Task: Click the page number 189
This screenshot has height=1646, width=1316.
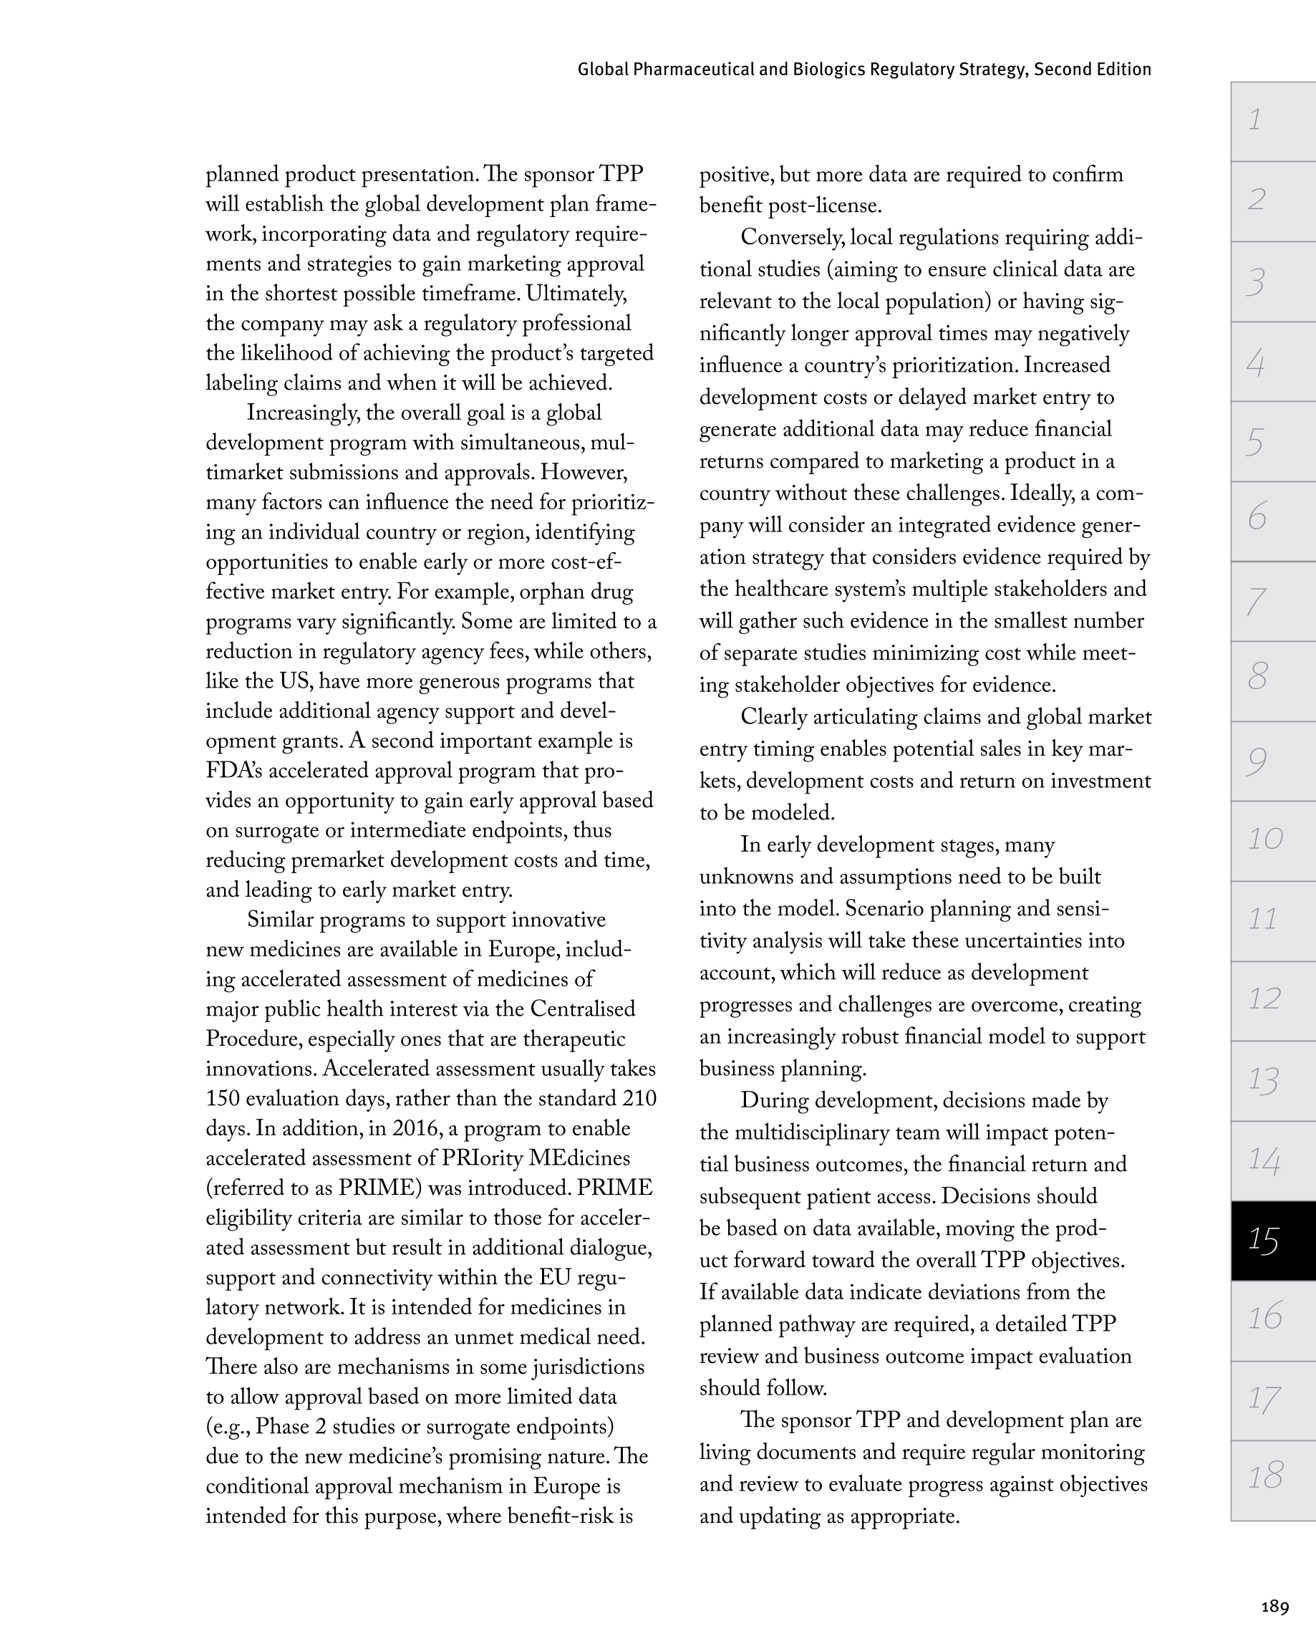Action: (x=1274, y=1607)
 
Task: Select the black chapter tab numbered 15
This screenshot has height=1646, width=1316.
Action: (x=1272, y=1240)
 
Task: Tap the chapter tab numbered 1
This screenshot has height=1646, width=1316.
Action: (x=1272, y=120)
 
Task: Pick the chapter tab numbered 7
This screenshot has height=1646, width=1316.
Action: (x=1272, y=601)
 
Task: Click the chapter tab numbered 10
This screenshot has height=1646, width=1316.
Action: (x=1272, y=839)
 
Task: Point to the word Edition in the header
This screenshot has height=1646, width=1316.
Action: (x=1122, y=69)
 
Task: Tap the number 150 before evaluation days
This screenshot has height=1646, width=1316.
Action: (x=223, y=1099)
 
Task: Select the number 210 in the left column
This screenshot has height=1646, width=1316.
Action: (x=639, y=1099)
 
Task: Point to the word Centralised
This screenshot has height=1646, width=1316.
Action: (x=582, y=1009)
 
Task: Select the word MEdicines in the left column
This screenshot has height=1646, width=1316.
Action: (x=579, y=1158)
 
